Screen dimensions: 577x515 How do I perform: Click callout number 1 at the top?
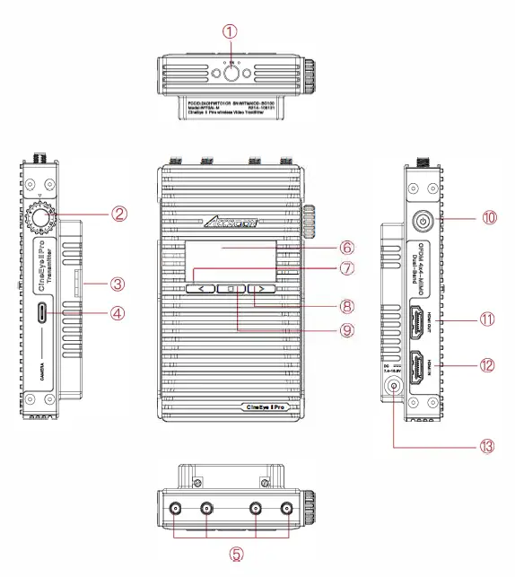pyautogui.click(x=231, y=31)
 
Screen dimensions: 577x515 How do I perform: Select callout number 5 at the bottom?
pyautogui.click(x=237, y=555)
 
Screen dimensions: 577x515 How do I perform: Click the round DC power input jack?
pyautogui.click(x=392, y=387)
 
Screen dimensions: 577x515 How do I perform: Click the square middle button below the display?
pyautogui.click(x=231, y=289)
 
